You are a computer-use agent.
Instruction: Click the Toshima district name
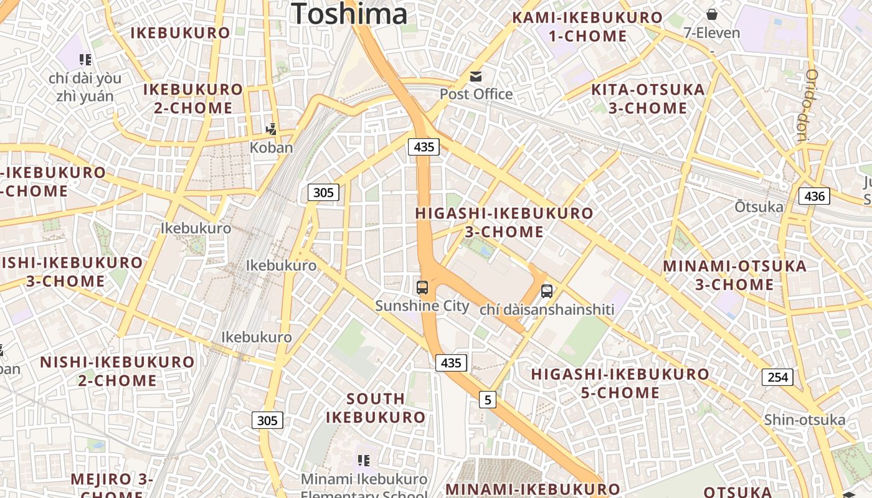(349, 14)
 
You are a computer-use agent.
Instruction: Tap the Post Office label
(476, 94)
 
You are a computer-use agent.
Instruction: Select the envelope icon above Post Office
(476, 77)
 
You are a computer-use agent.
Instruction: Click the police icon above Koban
(271, 129)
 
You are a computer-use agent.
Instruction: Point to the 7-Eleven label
(711, 33)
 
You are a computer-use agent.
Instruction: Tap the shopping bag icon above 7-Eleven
(711, 14)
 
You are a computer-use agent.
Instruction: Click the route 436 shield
(814, 197)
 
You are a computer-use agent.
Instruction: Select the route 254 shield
(777, 377)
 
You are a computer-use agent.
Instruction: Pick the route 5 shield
(488, 400)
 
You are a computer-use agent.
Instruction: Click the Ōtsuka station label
(759, 207)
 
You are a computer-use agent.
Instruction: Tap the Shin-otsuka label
(805, 420)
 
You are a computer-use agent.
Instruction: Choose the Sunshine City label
(422, 306)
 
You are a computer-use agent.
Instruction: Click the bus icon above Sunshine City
(422, 287)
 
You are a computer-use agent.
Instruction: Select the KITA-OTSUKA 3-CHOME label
(648, 98)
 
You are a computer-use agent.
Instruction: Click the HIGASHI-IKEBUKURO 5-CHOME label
(620, 383)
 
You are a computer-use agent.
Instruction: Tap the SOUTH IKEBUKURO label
(376, 408)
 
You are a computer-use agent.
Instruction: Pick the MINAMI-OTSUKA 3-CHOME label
(734, 275)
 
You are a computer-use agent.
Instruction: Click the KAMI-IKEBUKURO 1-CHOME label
(587, 26)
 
